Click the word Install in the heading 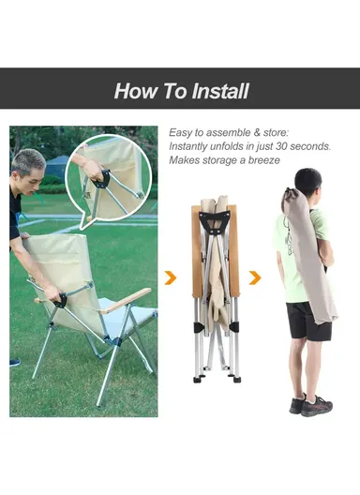[x=220, y=91]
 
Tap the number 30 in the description [x=281, y=146]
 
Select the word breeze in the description [x=263, y=160]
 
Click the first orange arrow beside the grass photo [x=171, y=277]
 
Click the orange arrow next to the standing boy [x=255, y=277]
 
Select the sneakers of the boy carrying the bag [x=311, y=405]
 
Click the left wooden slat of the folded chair [x=197, y=250]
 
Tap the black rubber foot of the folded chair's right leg [x=236, y=378]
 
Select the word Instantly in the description [x=187, y=146]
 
